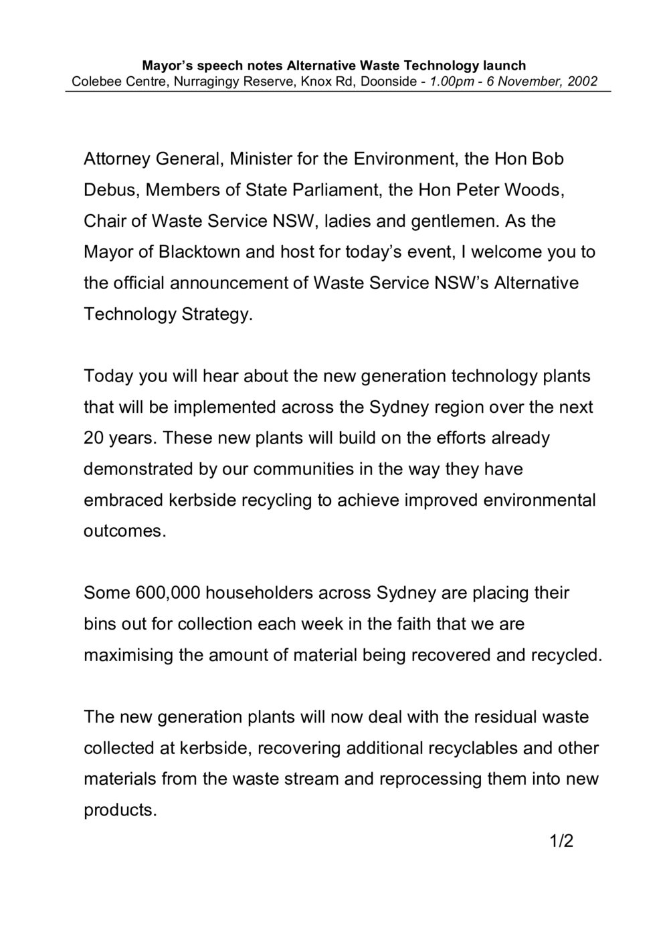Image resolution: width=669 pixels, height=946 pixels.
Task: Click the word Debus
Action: [x=109, y=190]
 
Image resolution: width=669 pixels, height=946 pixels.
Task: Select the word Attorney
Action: [x=116, y=159]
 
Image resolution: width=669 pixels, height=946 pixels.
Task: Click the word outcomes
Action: [x=123, y=531]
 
